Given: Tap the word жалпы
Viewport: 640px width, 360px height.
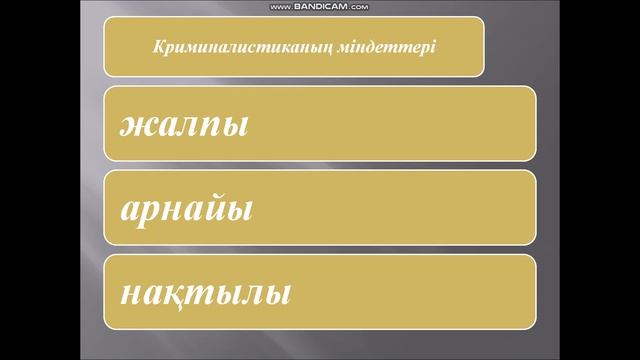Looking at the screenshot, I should [x=184, y=126].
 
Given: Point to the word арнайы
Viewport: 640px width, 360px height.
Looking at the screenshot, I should [x=185, y=210].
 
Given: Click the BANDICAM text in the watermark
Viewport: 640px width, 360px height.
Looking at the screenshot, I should [x=321, y=6].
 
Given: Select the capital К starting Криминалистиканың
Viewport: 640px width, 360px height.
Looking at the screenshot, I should [x=155, y=47].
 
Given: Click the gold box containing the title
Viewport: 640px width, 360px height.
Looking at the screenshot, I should [x=295, y=46].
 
